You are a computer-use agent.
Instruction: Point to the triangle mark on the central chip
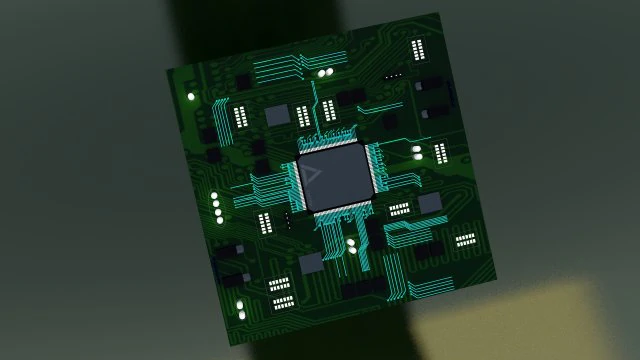pyautogui.click(x=313, y=178)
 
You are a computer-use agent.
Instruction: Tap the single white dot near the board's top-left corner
pyautogui.click(x=191, y=96)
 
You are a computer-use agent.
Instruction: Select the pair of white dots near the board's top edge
pyautogui.click(x=325, y=72)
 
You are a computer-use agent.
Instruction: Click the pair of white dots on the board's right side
pyautogui.click(x=416, y=154)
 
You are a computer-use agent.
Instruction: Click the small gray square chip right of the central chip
pyautogui.click(x=430, y=203)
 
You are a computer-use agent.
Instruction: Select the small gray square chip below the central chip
pyautogui.click(x=312, y=263)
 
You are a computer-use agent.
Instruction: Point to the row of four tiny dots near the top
pyautogui.click(x=393, y=74)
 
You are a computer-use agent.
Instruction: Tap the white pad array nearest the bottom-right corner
pyautogui.click(x=466, y=240)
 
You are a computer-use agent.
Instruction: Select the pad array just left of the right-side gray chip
pyautogui.click(x=400, y=209)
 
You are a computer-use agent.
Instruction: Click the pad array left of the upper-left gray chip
pyautogui.click(x=241, y=116)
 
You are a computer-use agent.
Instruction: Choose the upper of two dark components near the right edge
pyautogui.click(x=432, y=85)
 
